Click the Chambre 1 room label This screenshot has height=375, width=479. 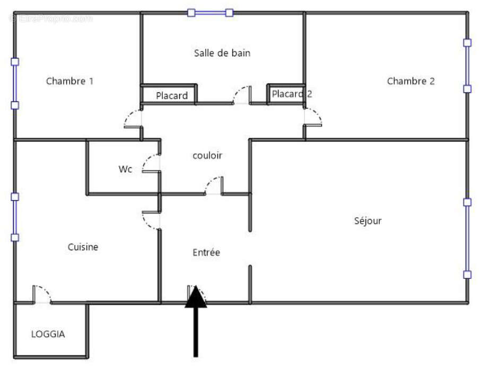pyautogui.click(x=69, y=81)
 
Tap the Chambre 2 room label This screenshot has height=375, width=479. pyautogui.click(x=411, y=81)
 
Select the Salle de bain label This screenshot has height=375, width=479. pyautogui.click(x=222, y=53)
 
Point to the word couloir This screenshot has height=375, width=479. pyautogui.click(x=207, y=156)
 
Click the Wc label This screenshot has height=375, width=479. pyautogui.click(x=125, y=169)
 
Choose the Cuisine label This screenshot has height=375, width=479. pyautogui.click(x=83, y=247)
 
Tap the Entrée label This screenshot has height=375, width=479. pyautogui.click(x=206, y=253)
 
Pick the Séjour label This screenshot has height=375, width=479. pyautogui.click(x=368, y=221)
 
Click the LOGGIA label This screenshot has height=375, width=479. pyautogui.click(x=48, y=334)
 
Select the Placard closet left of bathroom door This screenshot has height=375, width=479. pyautogui.click(x=171, y=96)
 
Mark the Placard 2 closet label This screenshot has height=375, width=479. pyautogui.click(x=292, y=94)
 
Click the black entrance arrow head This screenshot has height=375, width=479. pyautogui.click(x=196, y=297)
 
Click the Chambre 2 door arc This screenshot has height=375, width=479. pyautogui.click(x=313, y=117)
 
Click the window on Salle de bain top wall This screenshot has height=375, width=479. pyautogui.click(x=210, y=13)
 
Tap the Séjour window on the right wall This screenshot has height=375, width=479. pyautogui.click(x=467, y=238)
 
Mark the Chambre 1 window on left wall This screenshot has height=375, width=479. pyautogui.click(x=15, y=83)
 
